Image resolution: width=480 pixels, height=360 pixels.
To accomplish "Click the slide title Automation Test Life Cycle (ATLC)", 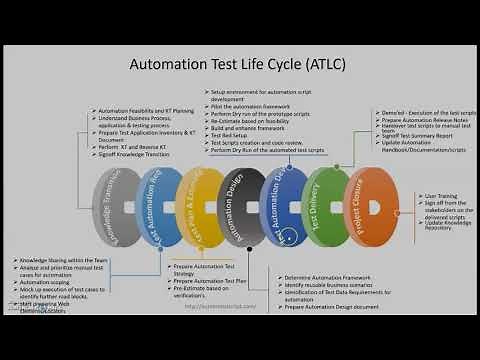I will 239,65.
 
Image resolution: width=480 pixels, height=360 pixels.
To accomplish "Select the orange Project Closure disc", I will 370,205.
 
